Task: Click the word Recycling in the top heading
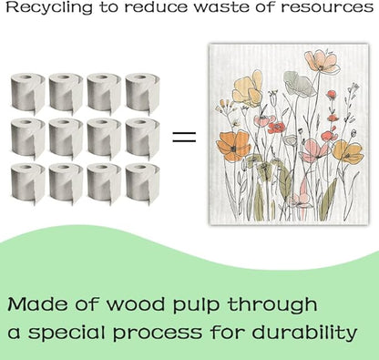coord(49,7)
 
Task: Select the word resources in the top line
coord(327,7)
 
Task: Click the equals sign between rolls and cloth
coord(184,137)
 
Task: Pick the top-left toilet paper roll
coord(28,93)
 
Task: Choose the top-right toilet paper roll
coord(142,93)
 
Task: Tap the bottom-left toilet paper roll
coord(28,183)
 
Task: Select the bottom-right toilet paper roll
coord(142,183)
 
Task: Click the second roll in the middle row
coord(66,139)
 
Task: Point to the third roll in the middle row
coord(104,139)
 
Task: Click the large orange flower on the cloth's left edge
coord(234,146)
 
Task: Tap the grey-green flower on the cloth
coord(299,83)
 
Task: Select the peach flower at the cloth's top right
coord(322,62)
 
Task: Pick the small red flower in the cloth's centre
coord(276,128)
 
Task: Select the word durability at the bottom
coord(304,332)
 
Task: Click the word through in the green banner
coord(272,304)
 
